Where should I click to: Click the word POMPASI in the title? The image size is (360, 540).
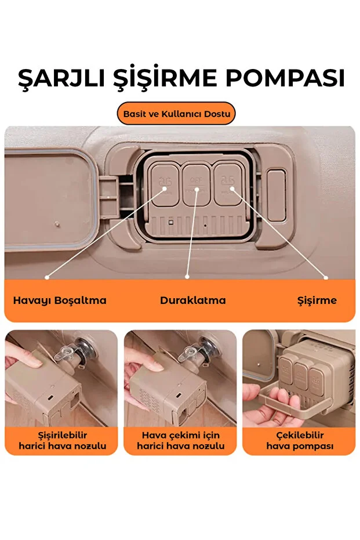coord(285,78)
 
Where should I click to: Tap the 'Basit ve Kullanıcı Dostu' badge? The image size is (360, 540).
coord(177,114)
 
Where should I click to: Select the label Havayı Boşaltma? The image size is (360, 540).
coord(60,300)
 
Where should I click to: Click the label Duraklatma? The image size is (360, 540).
coord(192,300)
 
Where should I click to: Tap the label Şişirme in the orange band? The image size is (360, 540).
coord(317,300)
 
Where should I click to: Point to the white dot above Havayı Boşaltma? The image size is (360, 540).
coord(47,277)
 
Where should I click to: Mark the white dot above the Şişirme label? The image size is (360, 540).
coord(326,277)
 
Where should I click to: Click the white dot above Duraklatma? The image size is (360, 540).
coord(187,277)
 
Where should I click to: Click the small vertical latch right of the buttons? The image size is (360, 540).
coord(277,195)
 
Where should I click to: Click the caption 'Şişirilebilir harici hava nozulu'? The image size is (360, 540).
coord(62,440)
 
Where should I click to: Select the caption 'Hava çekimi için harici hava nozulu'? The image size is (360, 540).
coord(181,440)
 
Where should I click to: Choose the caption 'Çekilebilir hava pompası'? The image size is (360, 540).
coord(300,440)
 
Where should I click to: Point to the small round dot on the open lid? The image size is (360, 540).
coord(57,224)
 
